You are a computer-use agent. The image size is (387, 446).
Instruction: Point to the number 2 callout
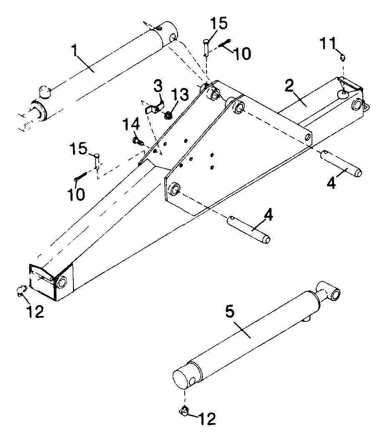[x=289, y=85]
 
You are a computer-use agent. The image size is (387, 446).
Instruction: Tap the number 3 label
[x=158, y=86]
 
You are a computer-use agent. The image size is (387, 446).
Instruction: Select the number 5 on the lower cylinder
[x=230, y=311]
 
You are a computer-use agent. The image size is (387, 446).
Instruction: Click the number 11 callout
[x=328, y=43]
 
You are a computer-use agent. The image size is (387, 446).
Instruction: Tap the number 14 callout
[x=131, y=125]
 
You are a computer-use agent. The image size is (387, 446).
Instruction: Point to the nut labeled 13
[x=168, y=115]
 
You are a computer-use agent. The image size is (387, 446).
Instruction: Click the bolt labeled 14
[x=138, y=140]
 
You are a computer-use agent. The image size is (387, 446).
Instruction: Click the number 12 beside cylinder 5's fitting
[x=207, y=418]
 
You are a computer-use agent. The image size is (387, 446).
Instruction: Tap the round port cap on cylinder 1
[x=44, y=92]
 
